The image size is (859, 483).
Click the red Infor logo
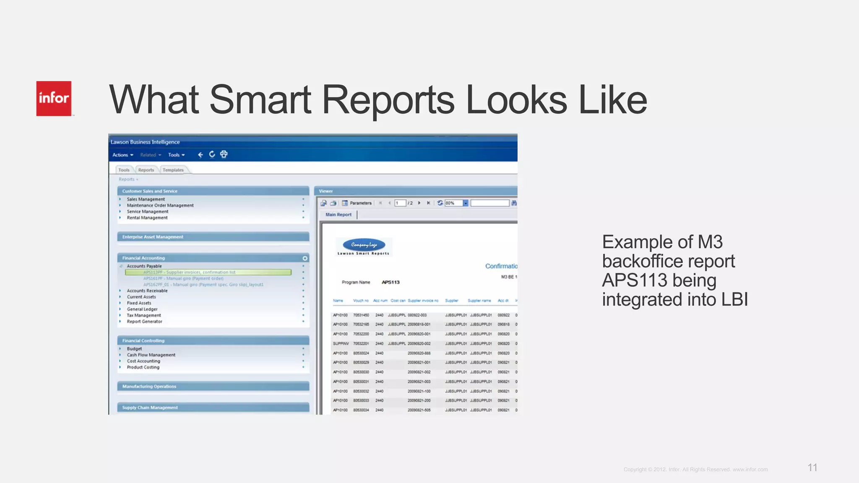point(54,99)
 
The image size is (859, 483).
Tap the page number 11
point(812,467)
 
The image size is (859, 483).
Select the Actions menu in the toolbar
point(122,155)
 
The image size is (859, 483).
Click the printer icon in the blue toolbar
point(224,154)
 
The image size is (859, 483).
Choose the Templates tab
point(173,170)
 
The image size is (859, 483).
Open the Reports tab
point(146,170)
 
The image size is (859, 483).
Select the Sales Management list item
point(146,199)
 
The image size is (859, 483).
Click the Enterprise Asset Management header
point(153,237)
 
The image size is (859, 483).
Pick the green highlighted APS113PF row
point(208,272)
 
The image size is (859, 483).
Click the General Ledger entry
point(142,309)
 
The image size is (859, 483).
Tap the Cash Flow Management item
point(151,355)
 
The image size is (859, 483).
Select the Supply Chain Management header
point(150,408)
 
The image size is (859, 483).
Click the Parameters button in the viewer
point(357,203)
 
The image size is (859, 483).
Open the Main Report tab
point(338,215)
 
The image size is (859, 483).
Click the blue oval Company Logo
point(364,244)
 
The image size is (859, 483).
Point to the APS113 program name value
point(390,282)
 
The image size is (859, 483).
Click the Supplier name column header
point(479,301)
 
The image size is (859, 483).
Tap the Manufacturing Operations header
point(149,387)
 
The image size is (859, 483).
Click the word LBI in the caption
point(734,300)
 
